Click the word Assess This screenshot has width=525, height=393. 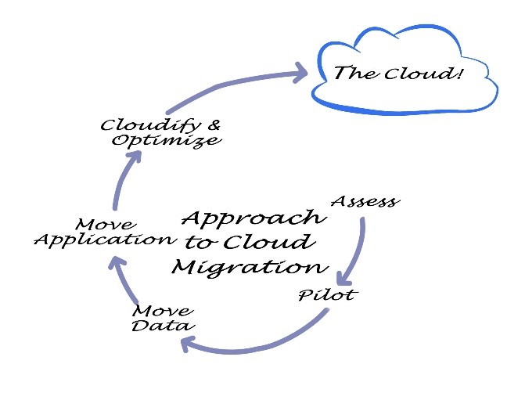(365, 201)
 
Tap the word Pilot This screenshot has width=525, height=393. (328, 294)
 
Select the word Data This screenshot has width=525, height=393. (163, 325)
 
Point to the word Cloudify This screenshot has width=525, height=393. (151, 125)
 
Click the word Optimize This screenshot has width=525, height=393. (167, 140)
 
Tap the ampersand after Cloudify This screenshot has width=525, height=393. (214, 125)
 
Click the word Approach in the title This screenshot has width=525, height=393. (254, 218)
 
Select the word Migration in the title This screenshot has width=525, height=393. (250, 268)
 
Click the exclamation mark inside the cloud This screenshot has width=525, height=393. (458, 72)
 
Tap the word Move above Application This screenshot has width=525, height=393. (106, 225)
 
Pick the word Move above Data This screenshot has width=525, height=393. (163, 311)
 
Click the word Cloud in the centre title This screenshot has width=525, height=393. (269, 242)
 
